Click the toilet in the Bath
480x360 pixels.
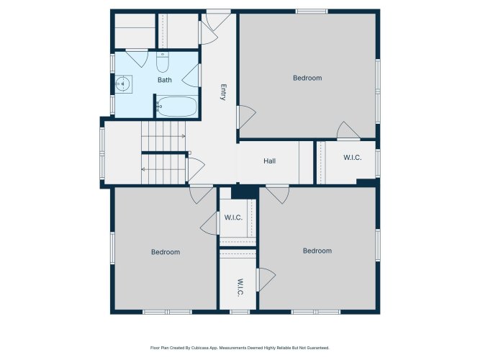click(163, 62)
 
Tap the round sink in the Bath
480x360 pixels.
click(122, 84)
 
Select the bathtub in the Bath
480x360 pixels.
click(176, 107)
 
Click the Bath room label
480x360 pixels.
click(165, 80)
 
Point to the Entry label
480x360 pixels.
click(223, 92)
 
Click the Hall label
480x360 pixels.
click(270, 161)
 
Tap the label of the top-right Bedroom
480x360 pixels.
click(307, 78)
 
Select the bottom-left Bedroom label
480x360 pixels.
click(166, 252)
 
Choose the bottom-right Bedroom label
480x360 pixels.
click(317, 251)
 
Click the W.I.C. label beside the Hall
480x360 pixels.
click(353, 158)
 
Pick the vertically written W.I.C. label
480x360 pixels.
click(240, 287)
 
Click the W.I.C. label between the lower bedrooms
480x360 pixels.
click(233, 217)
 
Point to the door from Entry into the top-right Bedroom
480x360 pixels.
click(246, 117)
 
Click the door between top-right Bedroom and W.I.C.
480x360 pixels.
click(348, 131)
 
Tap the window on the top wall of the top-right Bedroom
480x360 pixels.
click(312, 12)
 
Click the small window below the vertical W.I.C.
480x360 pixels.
click(240, 312)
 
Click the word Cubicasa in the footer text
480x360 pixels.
click(199, 348)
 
